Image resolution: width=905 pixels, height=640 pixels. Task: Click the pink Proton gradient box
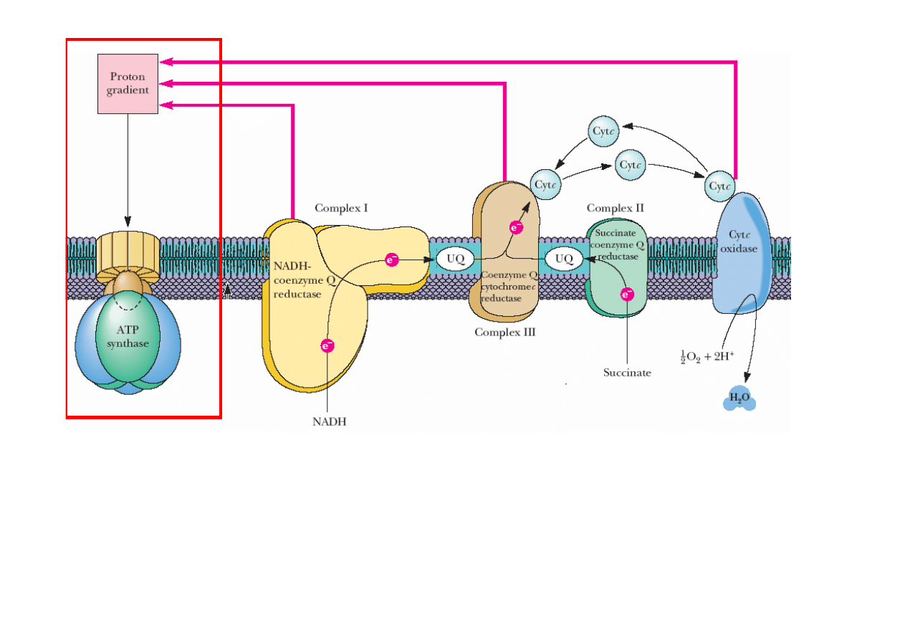[x=128, y=83]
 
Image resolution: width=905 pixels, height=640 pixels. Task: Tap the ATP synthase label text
[x=128, y=337]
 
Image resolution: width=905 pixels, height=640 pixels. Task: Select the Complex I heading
[x=341, y=209]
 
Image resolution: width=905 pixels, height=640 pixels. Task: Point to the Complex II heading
[x=615, y=208]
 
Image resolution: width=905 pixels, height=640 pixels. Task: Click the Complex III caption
[x=504, y=332]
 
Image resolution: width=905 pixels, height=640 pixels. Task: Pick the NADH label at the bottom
[x=329, y=421]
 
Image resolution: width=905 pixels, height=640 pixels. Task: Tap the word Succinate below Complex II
[x=627, y=373]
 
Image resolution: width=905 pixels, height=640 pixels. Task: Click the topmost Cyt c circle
[x=604, y=130]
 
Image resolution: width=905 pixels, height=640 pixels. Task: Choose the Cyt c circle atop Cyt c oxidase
[x=720, y=186]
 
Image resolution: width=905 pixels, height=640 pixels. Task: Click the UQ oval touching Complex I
[x=455, y=259]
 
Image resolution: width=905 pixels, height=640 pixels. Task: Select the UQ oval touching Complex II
[x=564, y=259]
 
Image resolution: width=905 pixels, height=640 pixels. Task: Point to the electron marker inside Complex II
[x=627, y=293]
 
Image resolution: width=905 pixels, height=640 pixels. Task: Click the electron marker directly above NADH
[x=327, y=345]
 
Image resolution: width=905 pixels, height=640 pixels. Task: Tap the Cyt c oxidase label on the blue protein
[x=742, y=242]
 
